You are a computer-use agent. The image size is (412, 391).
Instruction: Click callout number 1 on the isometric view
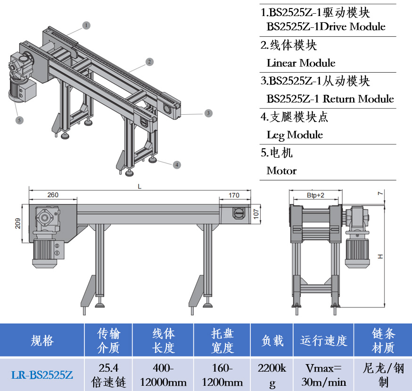pos(86,25)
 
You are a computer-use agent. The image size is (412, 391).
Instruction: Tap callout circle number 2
pos(149,61)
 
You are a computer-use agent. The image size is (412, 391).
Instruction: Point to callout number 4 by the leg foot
pos(176,165)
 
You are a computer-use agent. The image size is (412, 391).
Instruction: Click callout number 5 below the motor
pos(19,120)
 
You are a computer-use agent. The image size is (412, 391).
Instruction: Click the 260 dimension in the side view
pos(53,195)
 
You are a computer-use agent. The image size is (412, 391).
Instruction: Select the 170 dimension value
pos(234,195)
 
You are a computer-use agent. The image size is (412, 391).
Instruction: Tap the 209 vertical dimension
pos(18,223)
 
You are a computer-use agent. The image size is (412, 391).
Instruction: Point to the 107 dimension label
pos(256,214)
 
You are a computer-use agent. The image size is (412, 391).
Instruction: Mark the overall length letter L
pos(140,187)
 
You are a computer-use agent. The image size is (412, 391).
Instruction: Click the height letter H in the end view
pos(381,256)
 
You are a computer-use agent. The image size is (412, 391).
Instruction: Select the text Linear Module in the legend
pos(301,63)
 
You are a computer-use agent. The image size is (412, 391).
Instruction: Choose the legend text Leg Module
pos(295,135)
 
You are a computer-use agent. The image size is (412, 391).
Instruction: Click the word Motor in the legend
pos(281,170)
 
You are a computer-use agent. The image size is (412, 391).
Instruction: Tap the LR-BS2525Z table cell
pos(42,375)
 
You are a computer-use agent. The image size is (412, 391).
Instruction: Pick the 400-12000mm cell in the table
pos(163,375)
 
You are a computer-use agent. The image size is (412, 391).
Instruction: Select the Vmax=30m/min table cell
pos(323,375)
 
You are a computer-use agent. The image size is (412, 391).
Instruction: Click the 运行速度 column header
pos(323,340)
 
